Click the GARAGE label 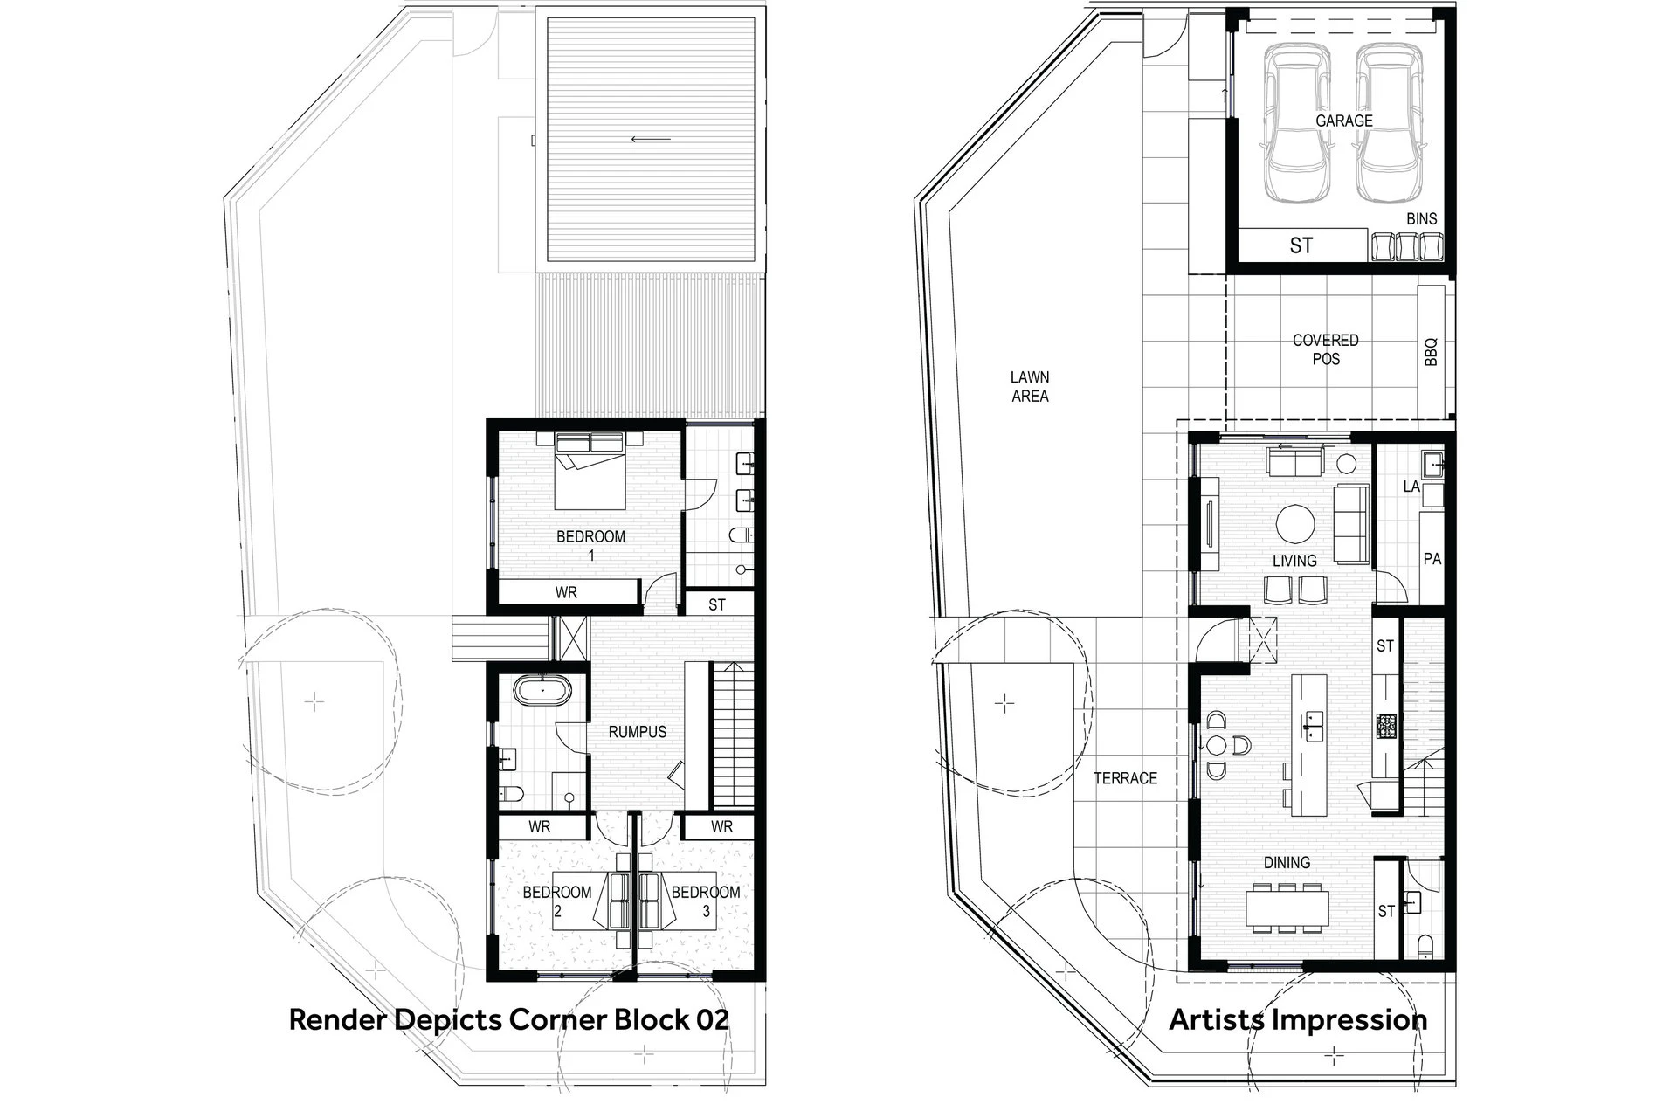point(1344,121)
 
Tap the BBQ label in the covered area point(1431,352)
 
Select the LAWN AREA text point(1030,386)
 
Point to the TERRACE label point(1126,778)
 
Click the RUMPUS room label point(638,732)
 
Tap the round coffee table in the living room point(1295,524)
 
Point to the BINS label point(1422,219)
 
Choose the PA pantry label point(1432,559)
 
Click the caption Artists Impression point(1298,1019)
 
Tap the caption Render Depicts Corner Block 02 point(508,1019)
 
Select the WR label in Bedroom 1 point(566,592)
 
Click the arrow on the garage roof point(652,139)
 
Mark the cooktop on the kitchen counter point(1387,725)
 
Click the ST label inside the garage point(1301,245)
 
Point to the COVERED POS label point(1326,349)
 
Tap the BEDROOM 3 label point(706,901)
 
